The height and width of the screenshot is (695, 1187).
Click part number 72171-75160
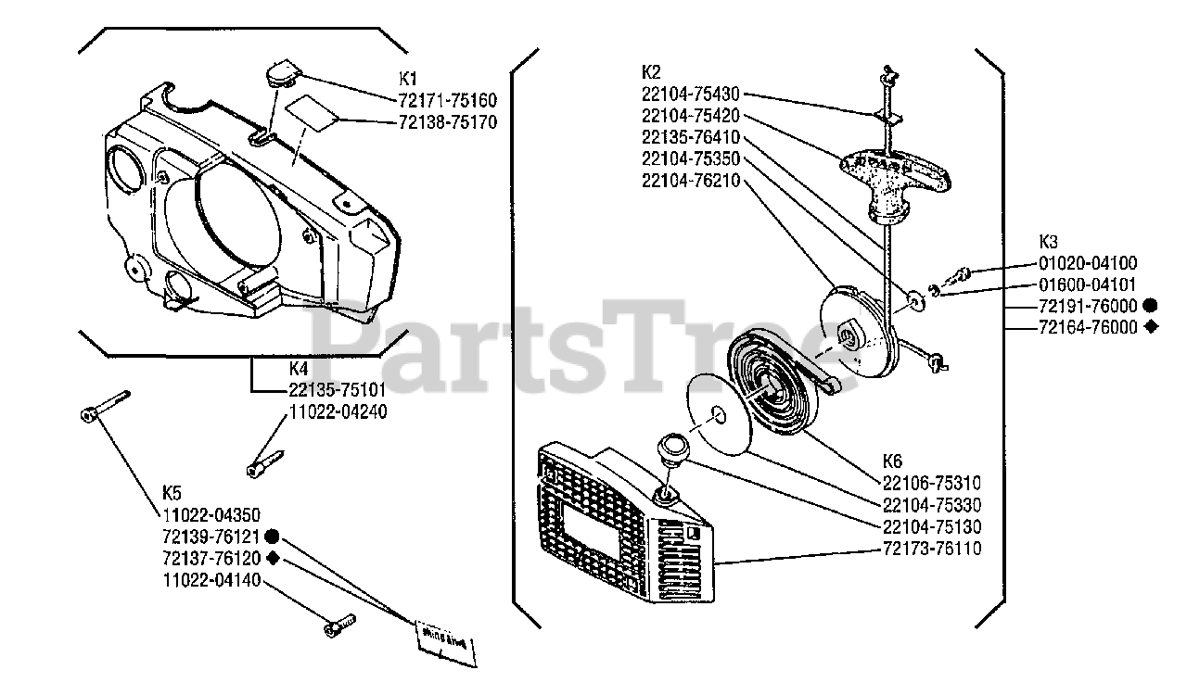(448, 100)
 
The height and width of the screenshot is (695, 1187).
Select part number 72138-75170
(448, 121)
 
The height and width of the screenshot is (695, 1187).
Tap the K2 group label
(650, 72)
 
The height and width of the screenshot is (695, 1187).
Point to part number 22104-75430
(690, 94)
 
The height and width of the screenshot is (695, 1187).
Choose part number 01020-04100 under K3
(1087, 263)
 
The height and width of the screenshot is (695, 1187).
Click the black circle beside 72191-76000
(1150, 305)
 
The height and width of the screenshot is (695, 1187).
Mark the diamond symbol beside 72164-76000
(1150, 326)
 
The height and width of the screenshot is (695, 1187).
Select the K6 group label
(893, 461)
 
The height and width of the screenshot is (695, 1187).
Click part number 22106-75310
(932, 483)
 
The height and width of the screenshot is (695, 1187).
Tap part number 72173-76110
(932, 549)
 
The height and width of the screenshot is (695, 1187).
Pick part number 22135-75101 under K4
(338, 389)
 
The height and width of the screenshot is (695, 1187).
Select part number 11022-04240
(338, 411)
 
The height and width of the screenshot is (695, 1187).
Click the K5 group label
(172, 492)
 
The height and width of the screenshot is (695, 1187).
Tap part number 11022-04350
(211, 514)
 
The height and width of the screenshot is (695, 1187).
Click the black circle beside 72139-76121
(272, 537)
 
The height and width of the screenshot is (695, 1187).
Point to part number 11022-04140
(211, 580)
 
